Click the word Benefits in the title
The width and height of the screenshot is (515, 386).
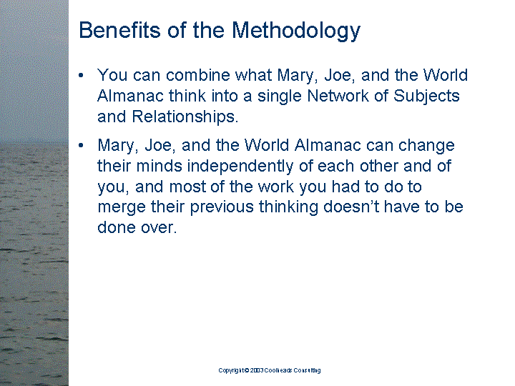[x=119, y=30]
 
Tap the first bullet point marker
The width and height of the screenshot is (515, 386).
[x=81, y=76]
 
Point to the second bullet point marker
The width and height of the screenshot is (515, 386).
[x=81, y=145]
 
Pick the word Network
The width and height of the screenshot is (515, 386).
[x=338, y=96]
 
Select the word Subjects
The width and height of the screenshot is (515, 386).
[x=426, y=96]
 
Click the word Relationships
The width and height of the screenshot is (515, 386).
[x=185, y=117]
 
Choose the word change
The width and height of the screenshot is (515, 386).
[x=426, y=146]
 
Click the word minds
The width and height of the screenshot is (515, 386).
[x=159, y=166]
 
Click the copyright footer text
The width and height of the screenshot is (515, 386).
[x=270, y=370]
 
